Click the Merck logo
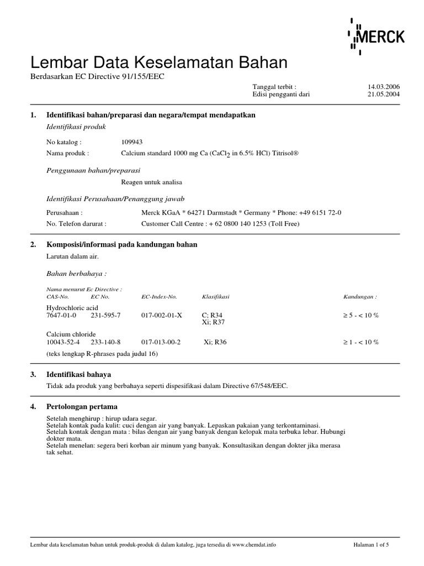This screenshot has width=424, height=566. pyautogui.click(x=377, y=36)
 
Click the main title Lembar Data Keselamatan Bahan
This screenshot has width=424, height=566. pyautogui.click(x=159, y=62)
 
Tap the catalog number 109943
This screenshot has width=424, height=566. pyautogui.click(x=132, y=141)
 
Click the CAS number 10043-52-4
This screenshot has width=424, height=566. pyautogui.click(x=63, y=342)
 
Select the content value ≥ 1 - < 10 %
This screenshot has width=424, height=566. pyautogui.click(x=361, y=342)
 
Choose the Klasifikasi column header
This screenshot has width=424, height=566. pyautogui.click(x=215, y=297)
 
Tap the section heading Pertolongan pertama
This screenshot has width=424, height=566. pyautogui.click(x=82, y=407)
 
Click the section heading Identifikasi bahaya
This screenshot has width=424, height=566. pyautogui.click(x=79, y=374)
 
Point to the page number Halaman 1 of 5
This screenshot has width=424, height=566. pyautogui.click(x=371, y=545)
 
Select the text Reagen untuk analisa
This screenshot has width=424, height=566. pyautogui.click(x=151, y=182)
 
